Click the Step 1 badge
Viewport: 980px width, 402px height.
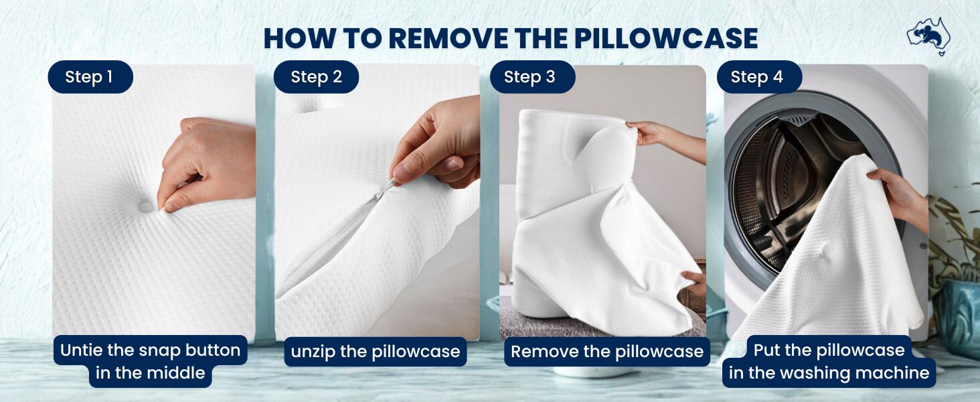tap(90, 77)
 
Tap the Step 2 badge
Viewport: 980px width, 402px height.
tap(316, 77)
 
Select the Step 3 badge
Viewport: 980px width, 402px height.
tap(532, 77)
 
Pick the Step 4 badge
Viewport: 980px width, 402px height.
tap(759, 77)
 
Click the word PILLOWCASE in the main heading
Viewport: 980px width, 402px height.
tap(666, 38)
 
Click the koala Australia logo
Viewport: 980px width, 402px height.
tap(929, 37)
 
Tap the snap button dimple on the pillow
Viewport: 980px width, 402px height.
tap(146, 206)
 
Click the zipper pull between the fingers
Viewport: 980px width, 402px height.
tap(385, 189)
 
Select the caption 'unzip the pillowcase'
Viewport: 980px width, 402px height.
tap(376, 352)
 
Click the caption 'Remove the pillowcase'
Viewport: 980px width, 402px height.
tap(607, 352)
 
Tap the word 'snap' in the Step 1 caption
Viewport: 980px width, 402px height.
tap(159, 350)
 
